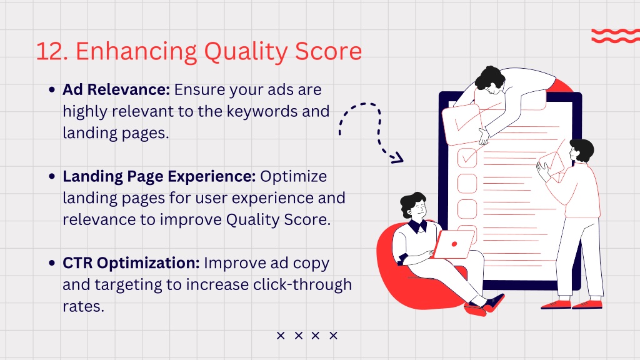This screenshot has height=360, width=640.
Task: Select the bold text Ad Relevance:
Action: pyautogui.click(x=116, y=89)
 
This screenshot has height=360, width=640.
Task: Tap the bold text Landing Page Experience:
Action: pyautogui.click(x=159, y=176)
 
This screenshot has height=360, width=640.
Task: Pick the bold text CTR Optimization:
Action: pyautogui.click(x=131, y=263)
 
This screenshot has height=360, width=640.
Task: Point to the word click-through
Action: pyautogui.click(x=302, y=284)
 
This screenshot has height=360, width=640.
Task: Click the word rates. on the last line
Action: pyautogui.click(x=83, y=306)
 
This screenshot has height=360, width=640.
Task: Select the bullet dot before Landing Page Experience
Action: pyautogui.click(x=52, y=176)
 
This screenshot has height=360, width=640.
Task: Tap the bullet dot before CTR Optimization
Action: pyautogui.click(x=52, y=263)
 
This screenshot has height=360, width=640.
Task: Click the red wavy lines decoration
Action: pyautogui.click(x=616, y=36)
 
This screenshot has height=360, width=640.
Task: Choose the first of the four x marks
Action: pyautogui.click(x=281, y=336)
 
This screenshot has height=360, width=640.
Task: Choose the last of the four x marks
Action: pyautogui.click(x=334, y=336)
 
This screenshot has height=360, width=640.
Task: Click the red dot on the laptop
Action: pyautogui.click(x=454, y=244)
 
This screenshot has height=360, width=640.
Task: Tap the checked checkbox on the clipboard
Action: pyautogui.click(x=467, y=157)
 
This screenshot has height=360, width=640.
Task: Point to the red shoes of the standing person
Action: pyautogui.click(x=572, y=304)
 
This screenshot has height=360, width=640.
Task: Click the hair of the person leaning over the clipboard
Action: pyautogui.click(x=491, y=77)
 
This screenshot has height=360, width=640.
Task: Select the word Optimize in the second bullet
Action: pyautogui.click(x=294, y=177)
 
